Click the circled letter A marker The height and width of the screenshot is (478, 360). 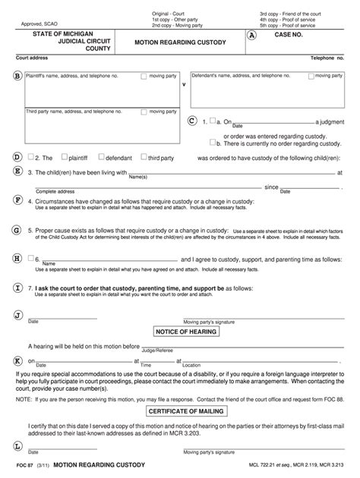[x=251, y=36]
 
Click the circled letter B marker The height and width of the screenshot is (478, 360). [x=16, y=76]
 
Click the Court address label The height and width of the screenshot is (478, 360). [x=33, y=57]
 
